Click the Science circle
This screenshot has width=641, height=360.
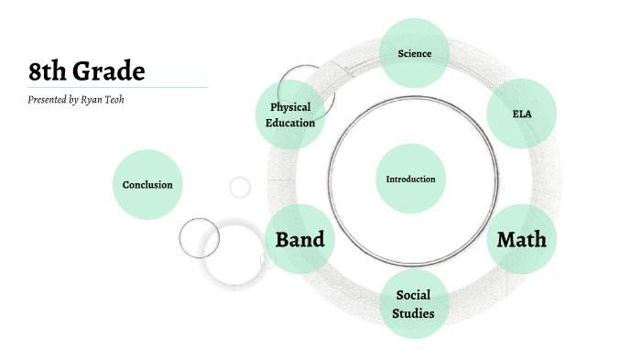(x=414, y=53)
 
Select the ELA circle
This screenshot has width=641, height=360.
(x=522, y=114)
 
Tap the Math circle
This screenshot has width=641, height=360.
(x=522, y=239)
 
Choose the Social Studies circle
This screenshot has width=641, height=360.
(x=413, y=303)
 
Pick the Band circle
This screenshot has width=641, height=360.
(x=299, y=239)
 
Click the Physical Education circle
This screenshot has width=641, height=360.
(x=290, y=115)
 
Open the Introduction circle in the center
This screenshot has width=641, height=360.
(x=410, y=179)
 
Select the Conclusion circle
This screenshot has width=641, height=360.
(x=147, y=184)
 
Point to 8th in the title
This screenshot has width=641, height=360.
(x=46, y=71)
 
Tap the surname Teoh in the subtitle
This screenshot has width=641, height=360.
(x=116, y=99)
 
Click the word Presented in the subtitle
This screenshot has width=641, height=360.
(x=47, y=99)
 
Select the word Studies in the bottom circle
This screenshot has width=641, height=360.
(x=413, y=313)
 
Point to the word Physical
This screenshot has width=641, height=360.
(x=291, y=107)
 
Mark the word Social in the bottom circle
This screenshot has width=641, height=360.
(x=413, y=295)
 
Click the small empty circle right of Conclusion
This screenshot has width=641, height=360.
(x=240, y=187)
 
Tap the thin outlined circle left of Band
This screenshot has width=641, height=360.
(x=199, y=238)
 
